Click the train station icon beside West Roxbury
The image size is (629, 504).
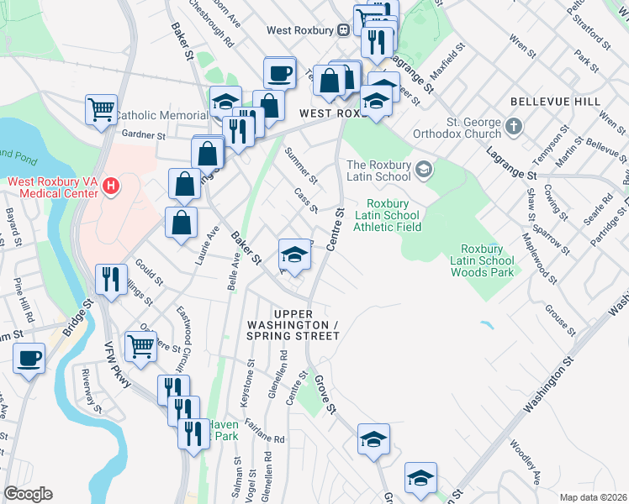point(343,30)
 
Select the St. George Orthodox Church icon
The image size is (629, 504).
point(515,129)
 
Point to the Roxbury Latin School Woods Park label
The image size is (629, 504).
point(487,260)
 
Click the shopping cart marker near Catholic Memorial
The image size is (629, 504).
point(101,108)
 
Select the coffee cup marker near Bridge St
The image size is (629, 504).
point(29,358)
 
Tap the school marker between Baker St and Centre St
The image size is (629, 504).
point(293,253)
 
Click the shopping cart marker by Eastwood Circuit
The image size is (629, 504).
point(140,344)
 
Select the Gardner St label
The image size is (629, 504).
point(143,134)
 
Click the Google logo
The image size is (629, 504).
point(28,494)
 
